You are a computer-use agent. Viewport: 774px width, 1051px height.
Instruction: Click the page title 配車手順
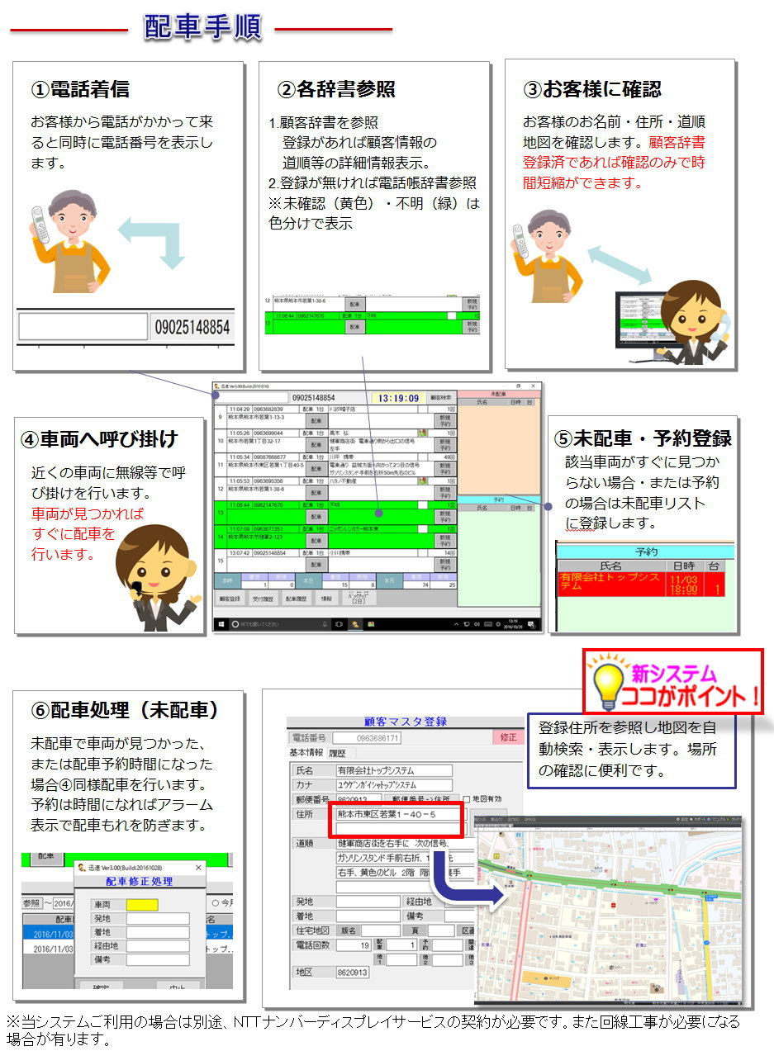pyautogui.click(x=202, y=26)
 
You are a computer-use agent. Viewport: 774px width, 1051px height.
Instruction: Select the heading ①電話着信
pyautogui.click(x=80, y=88)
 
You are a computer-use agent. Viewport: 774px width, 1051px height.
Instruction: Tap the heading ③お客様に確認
pyautogui.click(x=592, y=88)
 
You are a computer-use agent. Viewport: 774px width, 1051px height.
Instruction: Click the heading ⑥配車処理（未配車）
pyautogui.click(x=124, y=710)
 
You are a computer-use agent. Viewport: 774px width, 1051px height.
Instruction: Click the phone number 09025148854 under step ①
pyautogui.click(x=192, y=328)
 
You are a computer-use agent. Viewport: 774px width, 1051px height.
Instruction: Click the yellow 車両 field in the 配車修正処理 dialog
pyautogui.click(x=141, y=905)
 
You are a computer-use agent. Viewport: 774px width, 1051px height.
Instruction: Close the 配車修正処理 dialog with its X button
pyautogui.click(x=198, y=868)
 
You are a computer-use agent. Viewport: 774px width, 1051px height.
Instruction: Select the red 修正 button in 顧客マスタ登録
pyautogui.click(x=508, y=736)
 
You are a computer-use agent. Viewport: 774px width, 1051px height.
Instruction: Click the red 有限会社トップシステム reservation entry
pyautogui.click(x=609, y=583)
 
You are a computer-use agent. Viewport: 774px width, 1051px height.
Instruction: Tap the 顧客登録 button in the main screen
pyautogui.click(x=230, y=598)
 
